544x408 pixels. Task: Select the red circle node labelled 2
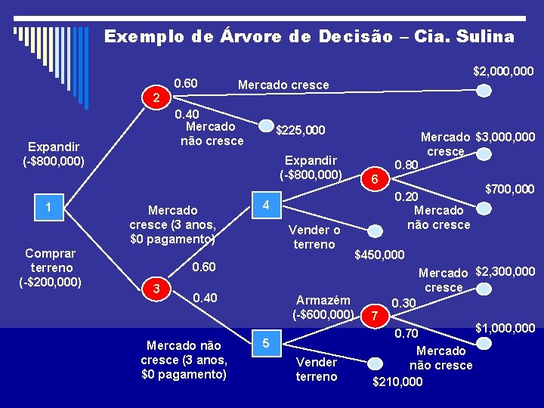pyautogui.click(x=155, y=97)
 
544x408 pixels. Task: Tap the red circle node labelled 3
pyautogui.click(x=155, y=289)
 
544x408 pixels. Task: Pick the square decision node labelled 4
pyautogui.click(x=265, y=205)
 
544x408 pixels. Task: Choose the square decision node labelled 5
pyautogui.click(x=265, y=344)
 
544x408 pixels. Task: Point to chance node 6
pyautogui.click(x=376, y=179)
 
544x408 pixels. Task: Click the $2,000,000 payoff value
pyautogui.click(x=503, y=71)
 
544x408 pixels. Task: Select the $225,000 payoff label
pyautogui.click(x=300, y=130)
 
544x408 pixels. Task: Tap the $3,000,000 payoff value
pyautogui.click(x=505, y=137)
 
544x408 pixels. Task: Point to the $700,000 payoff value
pyautogui.click(x=509, y=189)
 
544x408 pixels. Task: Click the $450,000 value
pyautogui.click(x=379, y=255)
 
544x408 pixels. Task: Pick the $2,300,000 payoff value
pyautogui.click(x=505, y=271)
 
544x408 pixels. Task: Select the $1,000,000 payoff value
pyautogui.click(x=505, y=328)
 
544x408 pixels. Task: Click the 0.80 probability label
pyautogui.click(x=406, y=165)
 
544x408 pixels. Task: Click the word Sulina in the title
pyautogui.click(x=480, y=36)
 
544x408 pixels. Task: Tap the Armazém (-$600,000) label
pyautogui.click(x=323, y=307)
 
